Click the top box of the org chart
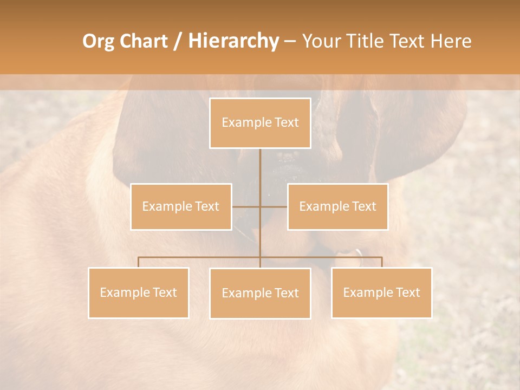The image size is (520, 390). coord(260,123)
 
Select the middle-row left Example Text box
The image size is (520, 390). coord(181,206)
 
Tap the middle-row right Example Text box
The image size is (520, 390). coord(337,206)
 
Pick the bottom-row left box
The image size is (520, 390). coord(139,292)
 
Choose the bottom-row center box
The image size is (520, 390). coord(260,293)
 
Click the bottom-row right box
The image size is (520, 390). coord(381,292)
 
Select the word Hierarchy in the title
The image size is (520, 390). coord(233,41)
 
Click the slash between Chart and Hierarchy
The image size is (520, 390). coord(178,41)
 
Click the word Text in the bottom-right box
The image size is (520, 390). coord(407,292)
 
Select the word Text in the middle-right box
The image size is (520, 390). coord(363,206)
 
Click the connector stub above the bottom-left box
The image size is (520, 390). coord(139,262)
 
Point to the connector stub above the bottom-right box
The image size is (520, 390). coord(381,262)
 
